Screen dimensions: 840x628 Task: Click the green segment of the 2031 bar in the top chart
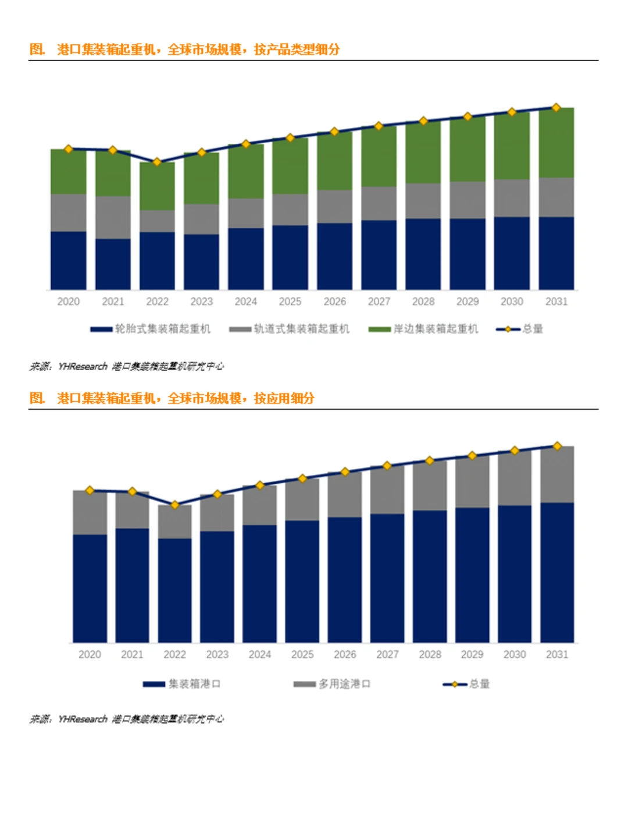coord(556,143)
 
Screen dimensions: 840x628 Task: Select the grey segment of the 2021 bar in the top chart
coord(113,217)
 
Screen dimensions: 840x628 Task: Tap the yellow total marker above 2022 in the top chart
coord(157,162)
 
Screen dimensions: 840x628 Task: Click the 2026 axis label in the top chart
coord(334,302)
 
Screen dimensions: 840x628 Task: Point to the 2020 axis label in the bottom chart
coord(90,654)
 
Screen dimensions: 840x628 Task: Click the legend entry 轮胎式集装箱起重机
coord(151,329)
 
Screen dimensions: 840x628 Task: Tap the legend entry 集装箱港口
coord(182,684)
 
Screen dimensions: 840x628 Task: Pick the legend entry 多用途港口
coord(333,684)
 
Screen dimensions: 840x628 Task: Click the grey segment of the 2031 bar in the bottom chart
coord(557,474)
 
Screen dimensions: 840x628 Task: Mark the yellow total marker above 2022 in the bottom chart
coord(174,505)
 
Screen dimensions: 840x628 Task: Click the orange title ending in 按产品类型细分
coord(184,49)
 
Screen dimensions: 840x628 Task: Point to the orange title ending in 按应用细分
coord(172,398)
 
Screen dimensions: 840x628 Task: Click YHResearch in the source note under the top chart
coord(83,366)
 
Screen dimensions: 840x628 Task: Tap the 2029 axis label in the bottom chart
coord(472,654)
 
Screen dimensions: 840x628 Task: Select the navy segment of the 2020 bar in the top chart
coord(69,260)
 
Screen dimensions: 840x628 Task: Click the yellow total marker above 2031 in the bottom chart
coord(557,446)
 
